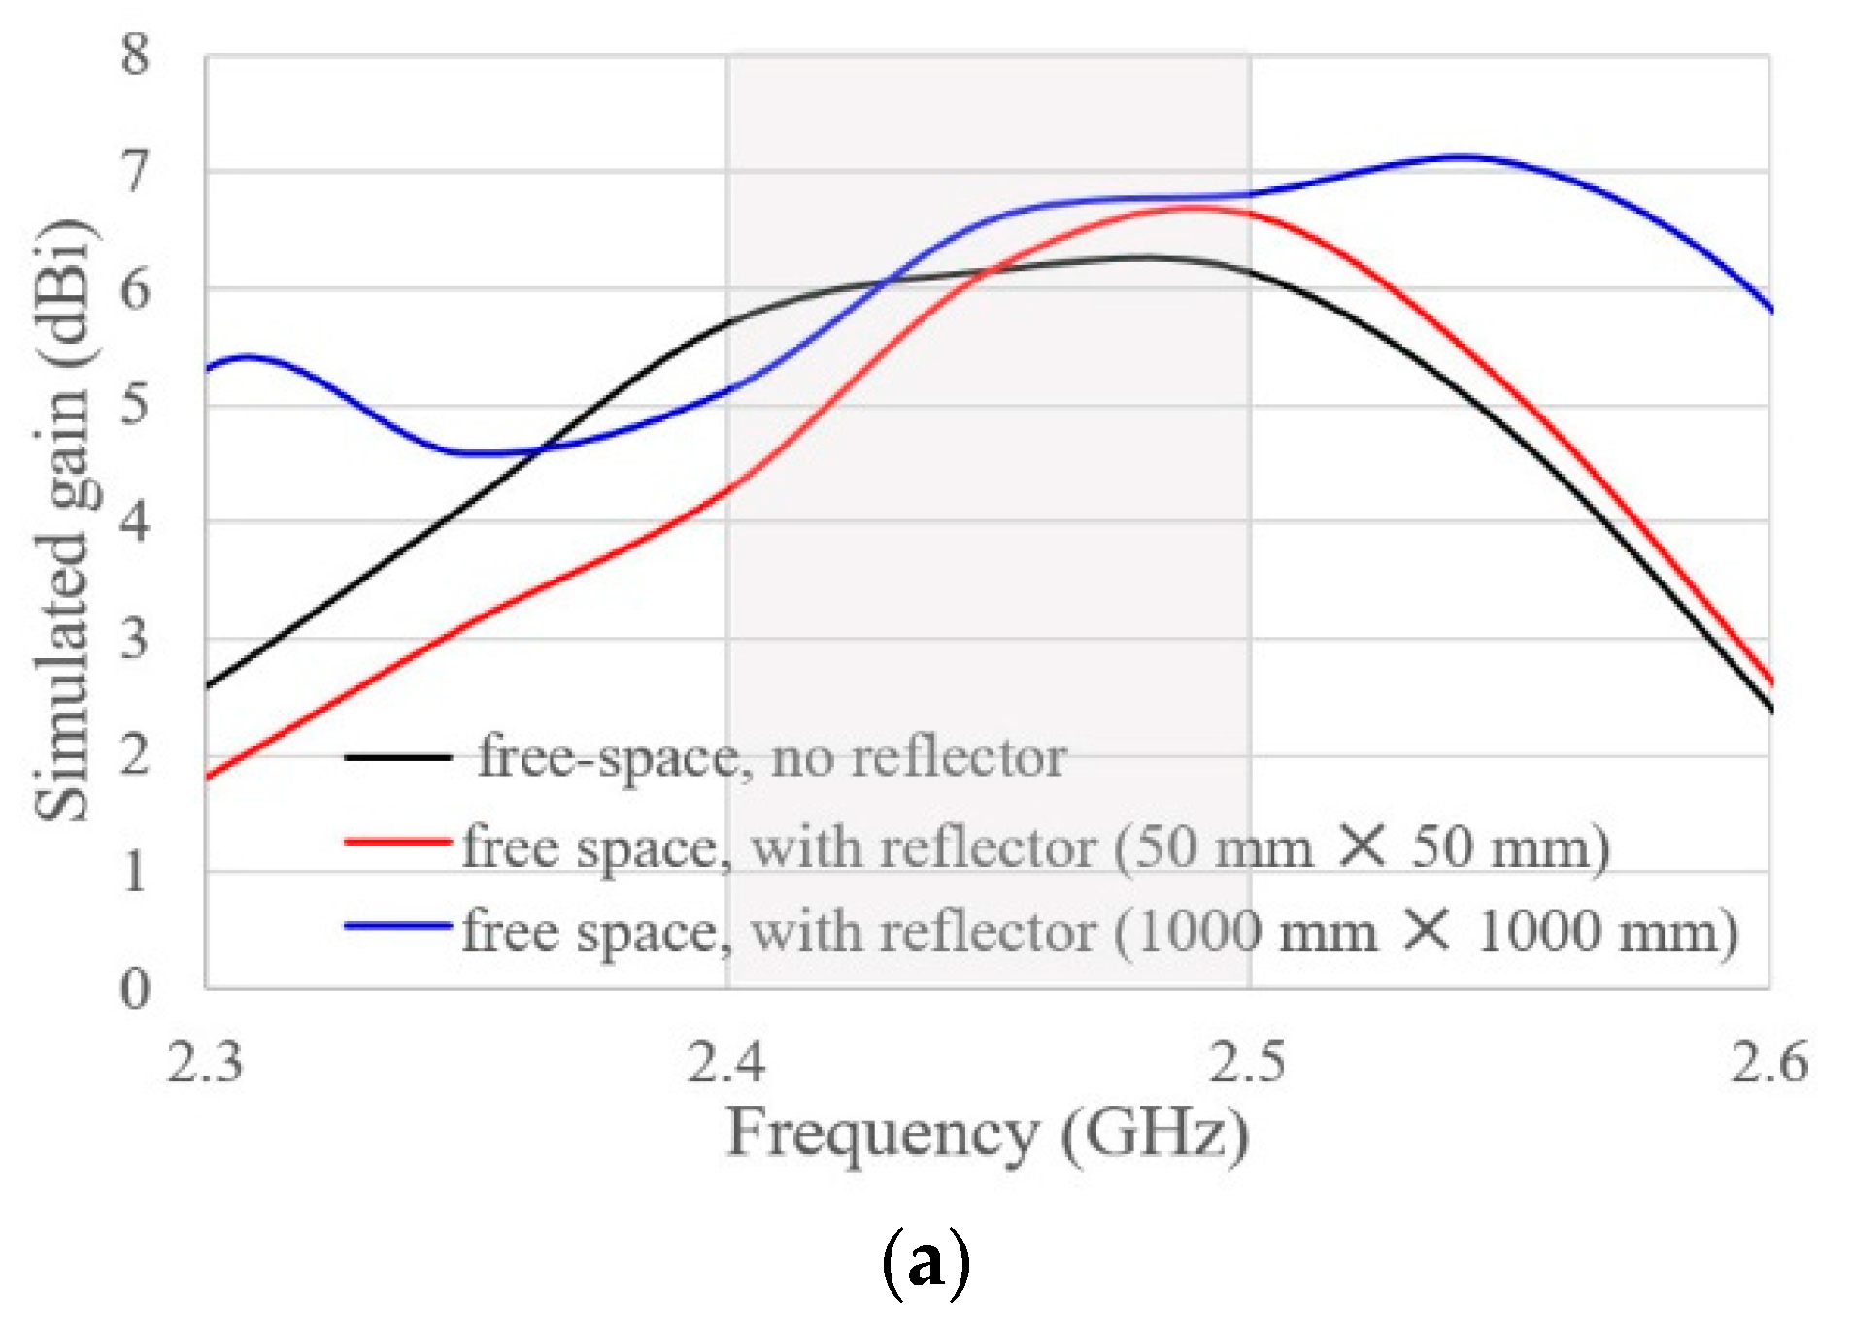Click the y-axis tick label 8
point(135,53)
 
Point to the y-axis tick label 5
point(135,404)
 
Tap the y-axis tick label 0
point(135,989)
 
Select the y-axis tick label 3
point(135,639)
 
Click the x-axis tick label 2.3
point(205,1061)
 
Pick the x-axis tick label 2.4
point(726,1061)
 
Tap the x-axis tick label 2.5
point(1248,1061)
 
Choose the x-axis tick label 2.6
point(1769,1061)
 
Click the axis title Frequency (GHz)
point(987,1134)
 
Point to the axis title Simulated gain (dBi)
point(64,520)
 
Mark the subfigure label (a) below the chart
point(926,1262)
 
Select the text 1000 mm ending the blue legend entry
point(1607,932)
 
